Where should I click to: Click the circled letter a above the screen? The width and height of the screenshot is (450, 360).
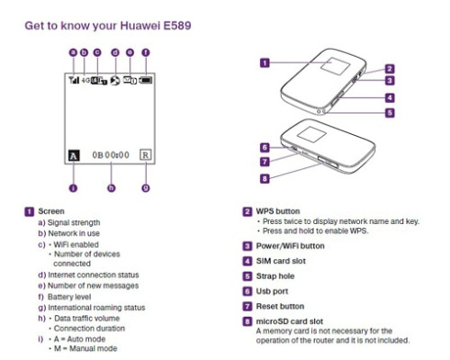[73, 52]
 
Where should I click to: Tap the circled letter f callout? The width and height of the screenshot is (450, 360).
[146, 52]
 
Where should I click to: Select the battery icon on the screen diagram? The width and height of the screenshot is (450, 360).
[145, 80]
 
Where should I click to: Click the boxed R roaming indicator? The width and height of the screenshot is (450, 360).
[145, 155]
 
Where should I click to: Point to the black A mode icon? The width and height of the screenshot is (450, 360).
[73, 155]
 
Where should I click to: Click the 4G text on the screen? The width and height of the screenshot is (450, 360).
[85, 80]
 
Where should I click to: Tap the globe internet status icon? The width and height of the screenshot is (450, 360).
[115, 81]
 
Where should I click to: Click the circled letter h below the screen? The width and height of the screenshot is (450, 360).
[112, 188]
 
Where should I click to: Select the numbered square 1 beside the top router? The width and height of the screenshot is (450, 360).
[264, 63]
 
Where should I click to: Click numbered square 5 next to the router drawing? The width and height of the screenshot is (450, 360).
[389, 113]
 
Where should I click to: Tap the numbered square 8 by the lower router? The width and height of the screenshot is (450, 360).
[264, 178]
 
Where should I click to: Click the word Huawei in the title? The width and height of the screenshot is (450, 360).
[140, 26]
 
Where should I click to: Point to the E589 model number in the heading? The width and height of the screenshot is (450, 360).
[177, 26]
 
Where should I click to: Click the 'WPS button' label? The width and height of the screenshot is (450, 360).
[278, 211]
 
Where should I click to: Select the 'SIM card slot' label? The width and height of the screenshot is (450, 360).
[281, 261]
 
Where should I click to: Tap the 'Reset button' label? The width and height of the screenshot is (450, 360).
[280, 306]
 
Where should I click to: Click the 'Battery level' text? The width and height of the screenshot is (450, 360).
[70, 297]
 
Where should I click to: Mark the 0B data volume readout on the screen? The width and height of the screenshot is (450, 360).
[97, 155]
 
